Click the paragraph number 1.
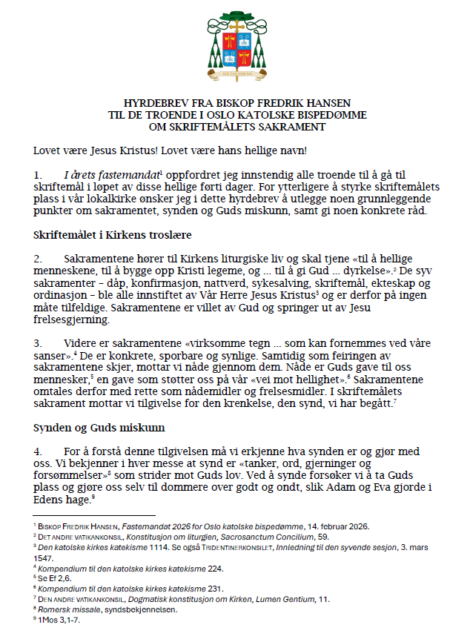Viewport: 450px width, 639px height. click(x=37, y=174)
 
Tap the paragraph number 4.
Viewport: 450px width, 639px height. click(x=37, y=451)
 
